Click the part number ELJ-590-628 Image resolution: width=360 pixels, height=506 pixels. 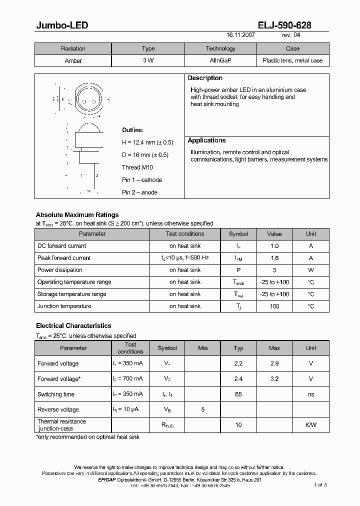(x=285, y=25)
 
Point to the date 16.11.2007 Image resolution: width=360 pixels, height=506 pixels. (x=240, y=36)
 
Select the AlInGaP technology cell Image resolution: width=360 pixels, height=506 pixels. (x=220, y=60)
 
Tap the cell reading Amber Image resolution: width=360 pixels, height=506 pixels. (x=73, y=60)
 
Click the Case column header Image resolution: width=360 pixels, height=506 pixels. (x=292, y=48)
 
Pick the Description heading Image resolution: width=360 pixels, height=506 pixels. (x=205, y=78)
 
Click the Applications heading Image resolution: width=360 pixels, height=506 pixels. (x=206, y=140)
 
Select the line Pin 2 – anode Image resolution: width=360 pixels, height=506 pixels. (x=139, y=192)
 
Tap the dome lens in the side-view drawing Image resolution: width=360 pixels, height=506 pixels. (x=89, y=127)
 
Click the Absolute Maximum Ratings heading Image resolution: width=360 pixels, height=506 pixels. (x=77, y=215)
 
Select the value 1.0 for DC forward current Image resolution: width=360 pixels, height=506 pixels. (x=274, y=246)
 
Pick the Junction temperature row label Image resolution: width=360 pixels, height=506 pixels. (x=64, y=306)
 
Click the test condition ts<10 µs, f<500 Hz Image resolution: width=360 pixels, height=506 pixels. (x=185, y=258)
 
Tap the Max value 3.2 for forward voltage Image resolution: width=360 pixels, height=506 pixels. (x=274, y=379)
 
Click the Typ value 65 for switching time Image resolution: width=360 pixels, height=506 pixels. (x=238, y=394)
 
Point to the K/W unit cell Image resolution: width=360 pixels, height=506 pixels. (x=311, y=425)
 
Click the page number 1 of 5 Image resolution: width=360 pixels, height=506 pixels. (x=320, y=485)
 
